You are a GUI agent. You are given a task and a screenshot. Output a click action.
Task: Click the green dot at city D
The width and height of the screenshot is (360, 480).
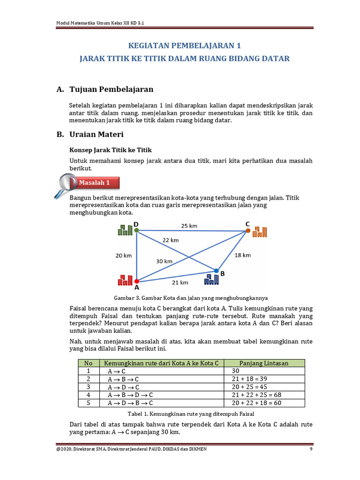(x=136, y=230)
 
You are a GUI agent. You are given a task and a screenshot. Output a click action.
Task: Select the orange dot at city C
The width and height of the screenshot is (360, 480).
(x=247, y=231)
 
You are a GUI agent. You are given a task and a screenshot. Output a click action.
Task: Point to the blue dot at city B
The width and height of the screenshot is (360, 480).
(x=216, y=271)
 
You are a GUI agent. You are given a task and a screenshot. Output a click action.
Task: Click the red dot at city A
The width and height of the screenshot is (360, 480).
(x=136, y=281)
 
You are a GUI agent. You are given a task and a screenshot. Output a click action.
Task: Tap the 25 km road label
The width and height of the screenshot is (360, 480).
(x=189, y=225)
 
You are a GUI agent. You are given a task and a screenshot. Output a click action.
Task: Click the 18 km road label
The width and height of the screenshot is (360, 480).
(x=242, y=255)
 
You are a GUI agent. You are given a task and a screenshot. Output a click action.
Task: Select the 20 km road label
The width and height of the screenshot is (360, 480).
(x=124, y=255)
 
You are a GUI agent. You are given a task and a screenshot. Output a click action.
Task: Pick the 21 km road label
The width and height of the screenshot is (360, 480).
(x=180, y=282)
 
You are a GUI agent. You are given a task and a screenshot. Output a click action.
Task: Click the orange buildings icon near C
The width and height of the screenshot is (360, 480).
(x=260, y=232)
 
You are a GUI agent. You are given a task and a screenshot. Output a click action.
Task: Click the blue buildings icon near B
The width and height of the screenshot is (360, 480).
(x=211, y=280)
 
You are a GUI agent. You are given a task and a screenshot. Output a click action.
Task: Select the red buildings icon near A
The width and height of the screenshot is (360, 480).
(x=125, y=280)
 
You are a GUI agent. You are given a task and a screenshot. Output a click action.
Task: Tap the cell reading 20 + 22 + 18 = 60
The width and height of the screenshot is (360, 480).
(x=256, y=403)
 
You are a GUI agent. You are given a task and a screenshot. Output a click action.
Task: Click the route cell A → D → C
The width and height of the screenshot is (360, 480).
(x=123, y=387)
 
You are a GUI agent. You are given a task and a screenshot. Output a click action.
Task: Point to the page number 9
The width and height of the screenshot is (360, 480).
(x=311, y=450)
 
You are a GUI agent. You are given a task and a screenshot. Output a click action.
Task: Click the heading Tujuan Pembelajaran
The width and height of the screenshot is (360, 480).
(x=111, y=89)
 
